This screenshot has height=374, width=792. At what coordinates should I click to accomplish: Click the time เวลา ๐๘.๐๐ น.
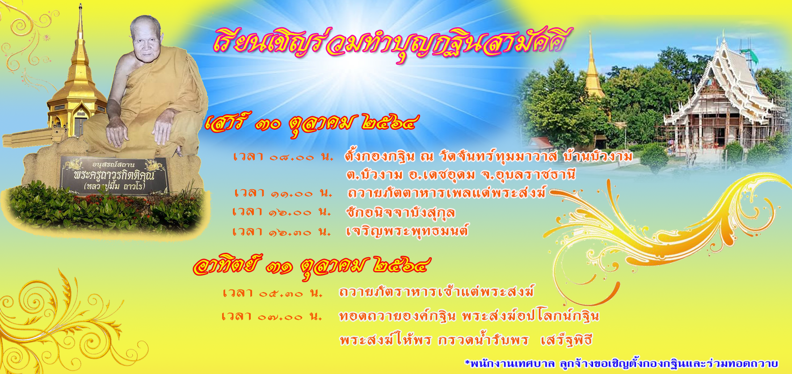[x=283, y=157]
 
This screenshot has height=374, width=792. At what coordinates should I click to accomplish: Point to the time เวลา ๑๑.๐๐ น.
[x=283, y=193]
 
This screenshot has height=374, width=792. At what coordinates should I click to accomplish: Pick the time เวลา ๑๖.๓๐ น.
[x=282, y=232]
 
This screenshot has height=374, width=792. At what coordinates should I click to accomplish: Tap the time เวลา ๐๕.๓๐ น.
[x=273, y=293]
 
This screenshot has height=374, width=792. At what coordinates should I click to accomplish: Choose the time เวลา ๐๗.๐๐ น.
[x=272, y=316]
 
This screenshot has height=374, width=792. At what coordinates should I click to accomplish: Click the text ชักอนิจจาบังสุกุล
[x=401, y=212]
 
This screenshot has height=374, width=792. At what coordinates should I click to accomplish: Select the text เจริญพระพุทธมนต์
[x=407, y=231]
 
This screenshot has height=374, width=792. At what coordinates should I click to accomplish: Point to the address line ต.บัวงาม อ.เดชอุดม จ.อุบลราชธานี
[x=461, y=174]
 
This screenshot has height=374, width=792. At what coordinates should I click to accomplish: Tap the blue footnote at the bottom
[x=622, y=363]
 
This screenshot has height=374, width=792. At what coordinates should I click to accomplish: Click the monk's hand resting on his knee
[x=118, y=133]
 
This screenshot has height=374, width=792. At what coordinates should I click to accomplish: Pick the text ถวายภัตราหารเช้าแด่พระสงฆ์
[x=436, y=292]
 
